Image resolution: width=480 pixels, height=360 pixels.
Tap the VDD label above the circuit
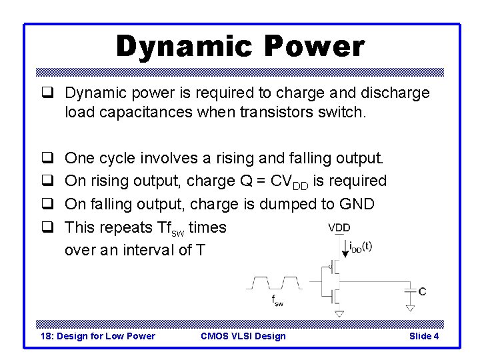[x=339, y=228]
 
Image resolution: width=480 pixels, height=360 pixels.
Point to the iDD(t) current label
[x=361, y=246]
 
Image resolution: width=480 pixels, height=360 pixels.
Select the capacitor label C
[x=422, y=291]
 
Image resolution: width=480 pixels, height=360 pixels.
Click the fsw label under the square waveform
[x=277, y=302]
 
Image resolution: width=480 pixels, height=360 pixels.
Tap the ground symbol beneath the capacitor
[x=410, y=307]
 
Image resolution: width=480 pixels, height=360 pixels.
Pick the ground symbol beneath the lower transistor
[x=340, y=313]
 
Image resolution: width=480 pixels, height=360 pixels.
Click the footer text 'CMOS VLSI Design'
[x=243, y=336]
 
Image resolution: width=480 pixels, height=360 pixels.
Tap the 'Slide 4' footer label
[x=424, y=336]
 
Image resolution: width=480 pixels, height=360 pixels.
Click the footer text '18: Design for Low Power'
[x=98, y=336]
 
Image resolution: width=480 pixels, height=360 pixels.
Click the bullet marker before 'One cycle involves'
[x=48, y=159]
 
